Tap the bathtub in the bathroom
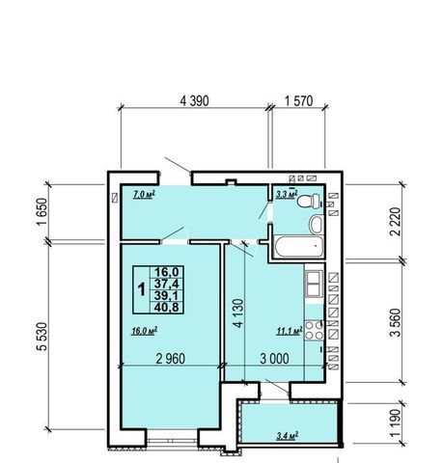pos(299,247)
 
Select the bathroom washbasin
pos(317,224)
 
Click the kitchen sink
pos(314,284)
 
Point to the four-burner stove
pos(314,330)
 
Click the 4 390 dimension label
pos(194,101)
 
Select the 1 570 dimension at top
pos(298,101)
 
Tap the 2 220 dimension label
pos(396,222)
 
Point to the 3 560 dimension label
pos(396,322)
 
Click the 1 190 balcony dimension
pos(396,423)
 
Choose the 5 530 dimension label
pos(42,337)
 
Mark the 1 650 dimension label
pos(42,212)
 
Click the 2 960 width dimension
pos(171,359)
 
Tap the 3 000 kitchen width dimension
pos(274,359)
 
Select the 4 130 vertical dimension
pos(238,313)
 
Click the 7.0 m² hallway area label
pos(144,194)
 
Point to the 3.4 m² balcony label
pos(288,436)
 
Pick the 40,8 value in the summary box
pos(166,308)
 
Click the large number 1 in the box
pos(141,289)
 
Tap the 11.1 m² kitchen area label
pos(290,331)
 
